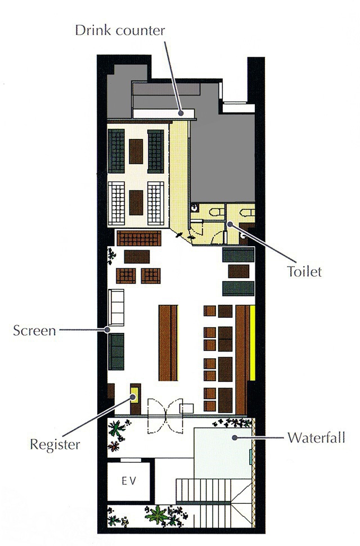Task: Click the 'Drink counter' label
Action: pos(120,30)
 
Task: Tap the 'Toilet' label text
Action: pos(304,271)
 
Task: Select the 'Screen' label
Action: pos(34,331)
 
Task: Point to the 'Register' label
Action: pos(55,445)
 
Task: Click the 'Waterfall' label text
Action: pos(317,437)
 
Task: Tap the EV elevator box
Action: pos(129,481)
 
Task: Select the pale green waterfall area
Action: pos(223,453)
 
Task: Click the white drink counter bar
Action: pos(164,113)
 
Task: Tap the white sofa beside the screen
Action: pos(116,308)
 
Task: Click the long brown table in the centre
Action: pos(168,342)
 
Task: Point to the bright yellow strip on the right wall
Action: pos(253,343)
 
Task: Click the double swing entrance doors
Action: pos(165,416)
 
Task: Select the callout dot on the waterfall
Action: pos(235,437)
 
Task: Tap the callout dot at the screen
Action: pos(107,330)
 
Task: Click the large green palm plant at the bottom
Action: pos(157,515)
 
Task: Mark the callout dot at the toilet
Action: pos(229,224)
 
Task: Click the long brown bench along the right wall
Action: pos(242,359)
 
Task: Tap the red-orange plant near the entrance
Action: pos(113,446)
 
